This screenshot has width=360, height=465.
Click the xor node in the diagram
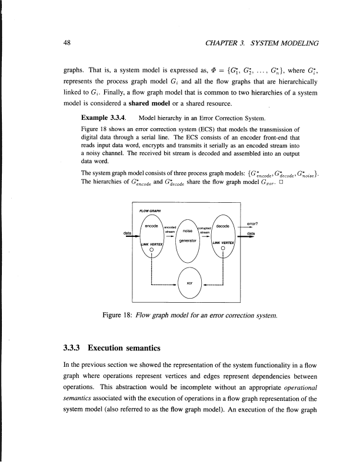[189, 283]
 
